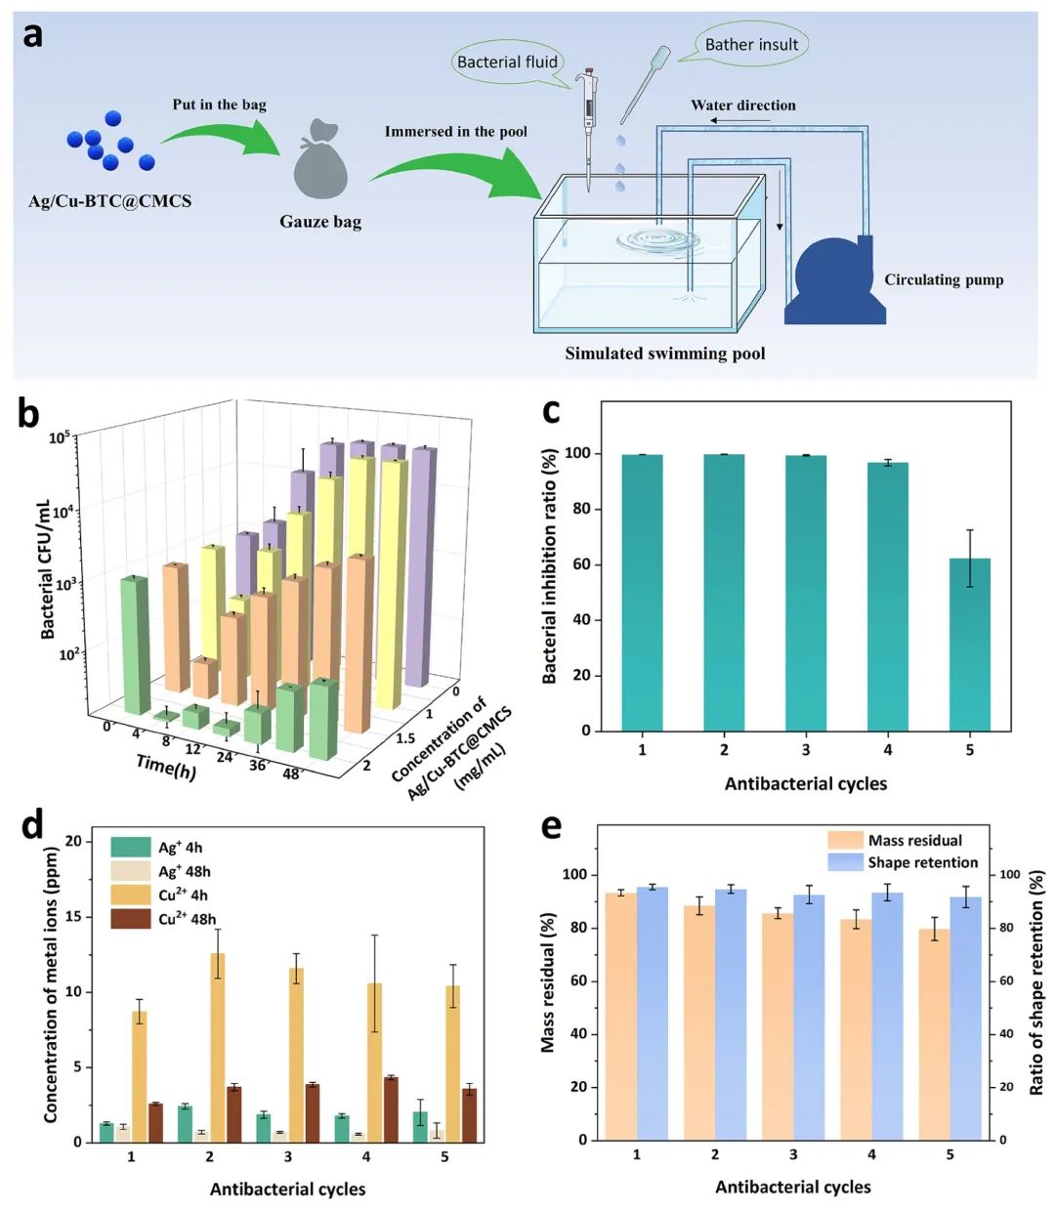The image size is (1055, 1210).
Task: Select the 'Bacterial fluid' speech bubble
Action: [x=507, y=62]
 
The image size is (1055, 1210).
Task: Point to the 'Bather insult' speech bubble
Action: [x=751, y=44]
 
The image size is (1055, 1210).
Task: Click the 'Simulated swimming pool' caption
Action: [x=664, y=354]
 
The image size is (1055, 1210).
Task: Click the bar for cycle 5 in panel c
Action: [x=969, y=645]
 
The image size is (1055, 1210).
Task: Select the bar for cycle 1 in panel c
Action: [x=642, y=592]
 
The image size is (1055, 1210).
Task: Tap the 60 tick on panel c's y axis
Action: [x=585, y=564]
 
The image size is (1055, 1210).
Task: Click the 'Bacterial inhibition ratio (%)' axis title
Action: [x=550, y=566]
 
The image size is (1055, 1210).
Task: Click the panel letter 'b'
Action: [x=29, y=414]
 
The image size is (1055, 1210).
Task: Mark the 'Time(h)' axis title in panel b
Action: [x=166, y=767]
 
